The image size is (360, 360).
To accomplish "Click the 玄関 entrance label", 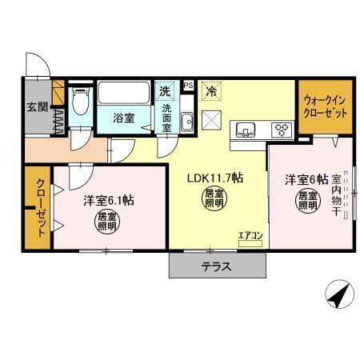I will point(36,107).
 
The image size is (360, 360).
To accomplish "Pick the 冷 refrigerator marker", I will point(211,92).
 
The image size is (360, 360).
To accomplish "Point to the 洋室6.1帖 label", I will point(108,201).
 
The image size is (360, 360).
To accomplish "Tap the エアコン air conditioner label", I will point(250,235).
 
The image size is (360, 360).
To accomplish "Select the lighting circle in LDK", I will point(214,198).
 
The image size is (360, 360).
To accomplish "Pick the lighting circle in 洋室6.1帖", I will point(106,221).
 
